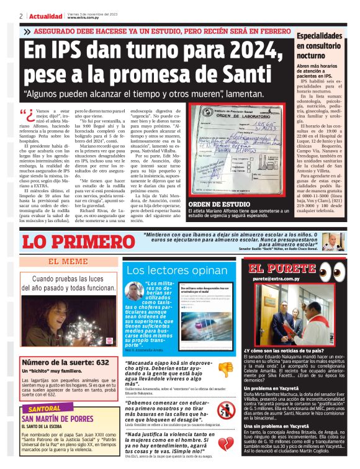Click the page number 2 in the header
click(21, 16)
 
